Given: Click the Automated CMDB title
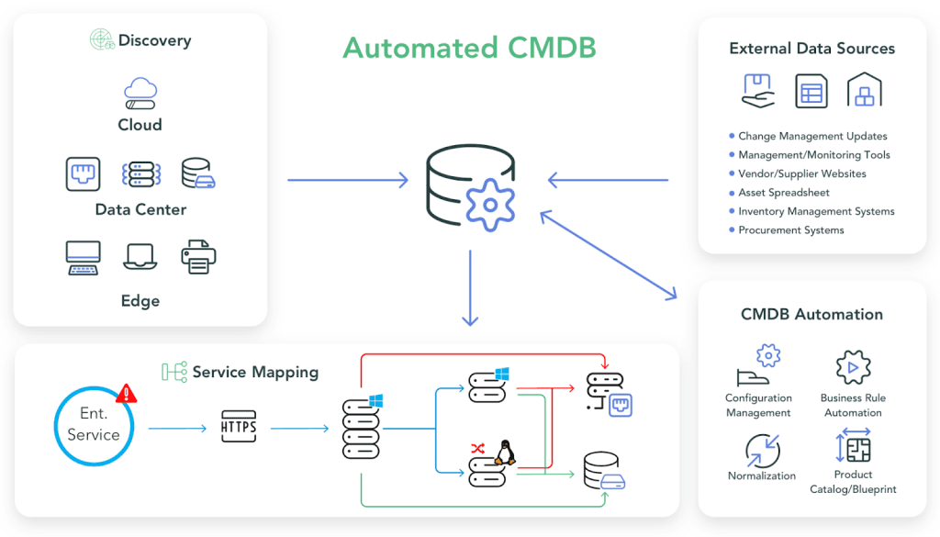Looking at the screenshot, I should pos(469,48).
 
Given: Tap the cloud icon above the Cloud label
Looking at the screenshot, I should pos(140,94).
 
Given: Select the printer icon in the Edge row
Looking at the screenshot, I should pos(198,257).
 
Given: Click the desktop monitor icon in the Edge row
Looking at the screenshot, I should pos(83,258).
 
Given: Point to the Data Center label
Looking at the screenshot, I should pos(140,209).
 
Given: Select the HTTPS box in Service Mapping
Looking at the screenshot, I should pos(239,428).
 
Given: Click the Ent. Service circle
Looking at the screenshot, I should pos(94,425).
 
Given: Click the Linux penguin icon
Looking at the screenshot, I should pos(503,452).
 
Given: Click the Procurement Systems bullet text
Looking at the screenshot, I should pos(790,230).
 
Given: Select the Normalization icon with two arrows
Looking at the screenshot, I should pos(762,451).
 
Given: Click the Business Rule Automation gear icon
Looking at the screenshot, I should pos(853,367).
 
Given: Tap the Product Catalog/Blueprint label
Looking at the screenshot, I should pos(853,482).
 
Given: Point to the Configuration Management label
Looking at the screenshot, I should pos(758,406).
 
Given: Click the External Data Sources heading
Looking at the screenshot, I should pos(811,49).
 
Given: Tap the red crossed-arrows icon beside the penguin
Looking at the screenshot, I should pos(477,448).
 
